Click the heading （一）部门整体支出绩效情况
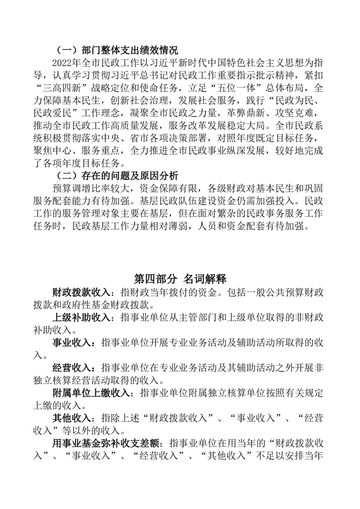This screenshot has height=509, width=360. point(116,50)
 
